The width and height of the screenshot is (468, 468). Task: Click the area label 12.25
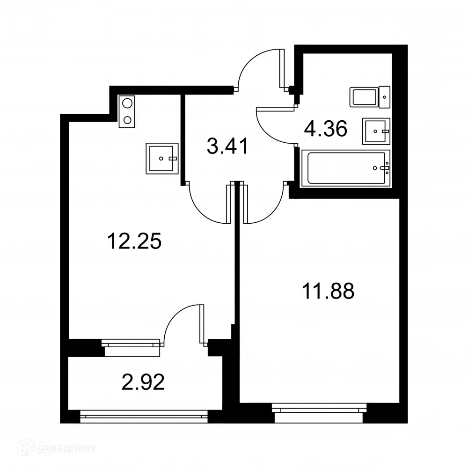[134, 242]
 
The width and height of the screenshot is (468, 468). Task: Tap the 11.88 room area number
[328, 292]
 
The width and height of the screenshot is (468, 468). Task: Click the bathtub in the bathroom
[346, 168]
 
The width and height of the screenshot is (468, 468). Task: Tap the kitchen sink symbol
[162, 158]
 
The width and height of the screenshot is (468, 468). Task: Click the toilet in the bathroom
[370, 97]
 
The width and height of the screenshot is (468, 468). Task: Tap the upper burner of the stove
[127, 103]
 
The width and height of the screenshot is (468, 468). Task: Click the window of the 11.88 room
[318, 408]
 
